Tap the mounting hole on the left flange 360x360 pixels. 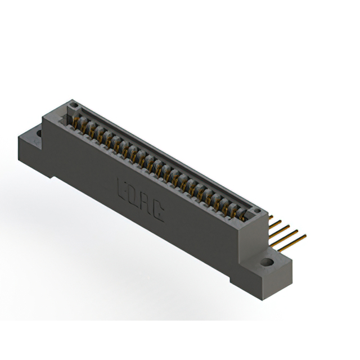(x=39, y=134)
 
